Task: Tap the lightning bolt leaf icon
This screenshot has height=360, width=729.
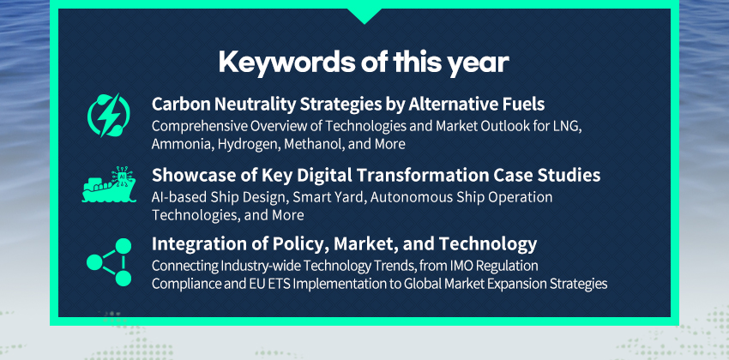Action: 109,115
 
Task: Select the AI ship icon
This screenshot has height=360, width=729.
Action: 109,184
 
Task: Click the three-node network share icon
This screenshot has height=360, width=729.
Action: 109,262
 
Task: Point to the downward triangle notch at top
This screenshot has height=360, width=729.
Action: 364,15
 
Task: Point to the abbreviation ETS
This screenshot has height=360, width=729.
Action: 280,284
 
